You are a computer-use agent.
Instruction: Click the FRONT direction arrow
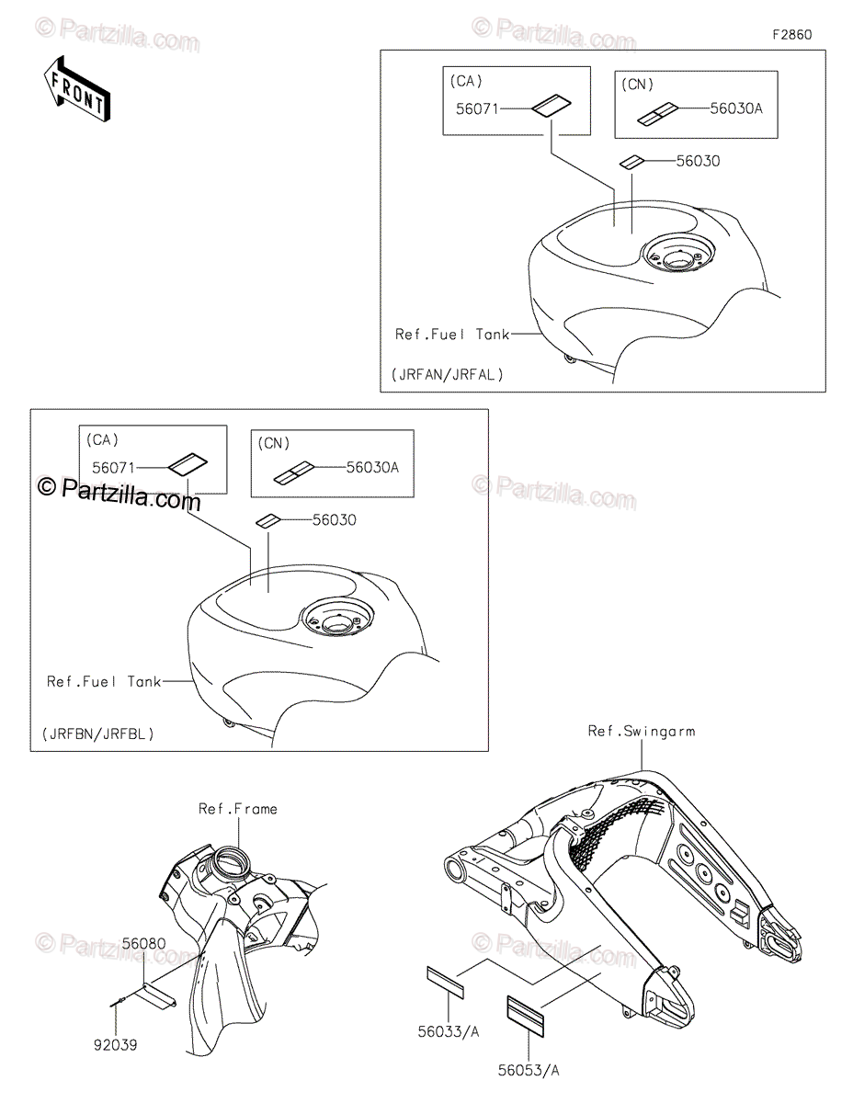pyautogui.click(x=77, y=90)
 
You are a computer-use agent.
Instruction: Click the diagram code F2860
pyautogui.click(x=791, y=35)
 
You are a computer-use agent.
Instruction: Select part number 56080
pyautogui.click(x=144, y=943)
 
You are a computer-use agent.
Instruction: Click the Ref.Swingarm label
pyautogui.click(x=642, y=732)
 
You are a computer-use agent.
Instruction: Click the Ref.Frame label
pyautogui.click(x=237, y=809)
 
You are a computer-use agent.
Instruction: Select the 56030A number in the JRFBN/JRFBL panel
pyautogui.click(x=372, y=467)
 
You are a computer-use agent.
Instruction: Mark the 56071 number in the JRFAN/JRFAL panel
pyautogui.click(x=476, y=108)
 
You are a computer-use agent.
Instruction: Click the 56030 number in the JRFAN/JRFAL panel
pyautogui.click(x=698, y=161)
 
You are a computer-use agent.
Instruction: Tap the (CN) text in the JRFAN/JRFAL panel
pyautogui.click(x=637, y=85)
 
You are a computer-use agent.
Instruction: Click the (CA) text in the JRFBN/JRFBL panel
pyautogui.click(x=103, y=440)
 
